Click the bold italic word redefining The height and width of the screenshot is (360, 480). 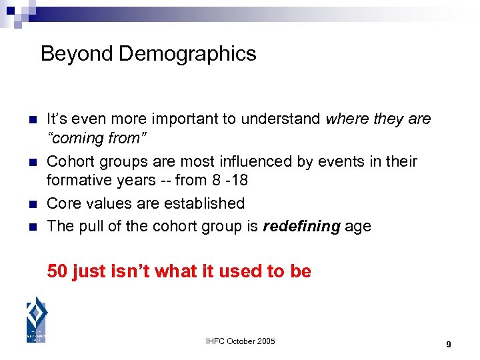[x=303, y=226]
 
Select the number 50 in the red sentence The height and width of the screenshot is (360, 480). [x=57, y=271]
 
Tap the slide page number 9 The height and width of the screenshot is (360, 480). [x=449, y=344]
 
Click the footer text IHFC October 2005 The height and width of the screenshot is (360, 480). [x=240, y=342]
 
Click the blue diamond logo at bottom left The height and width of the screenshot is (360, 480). [x=36, y=319]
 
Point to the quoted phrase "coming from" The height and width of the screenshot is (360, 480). [x=97, y=139]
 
